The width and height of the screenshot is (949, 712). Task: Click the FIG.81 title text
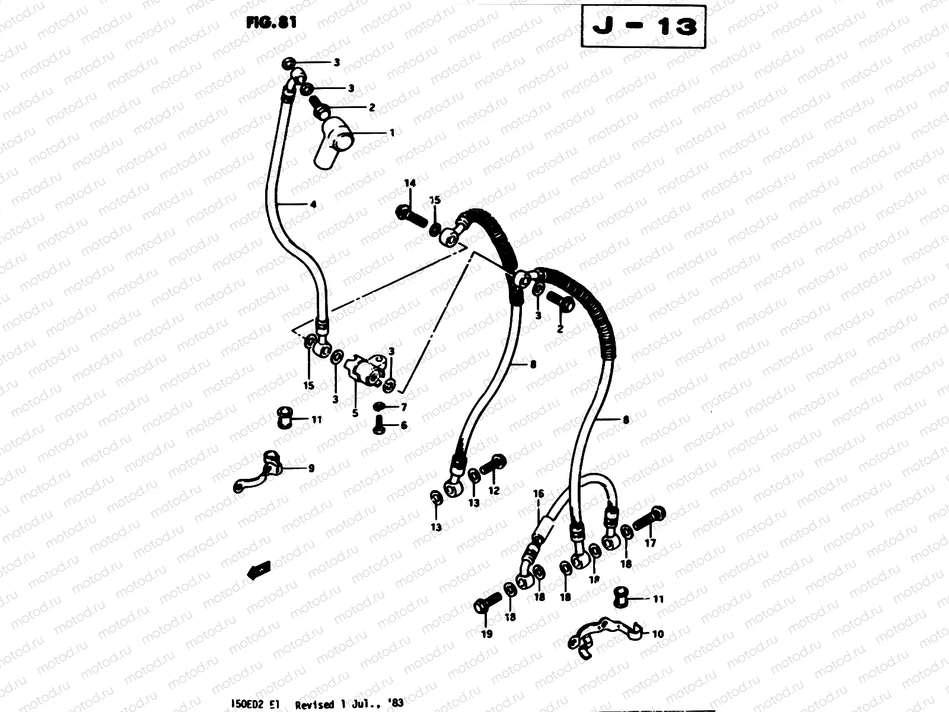[x=270, y=23]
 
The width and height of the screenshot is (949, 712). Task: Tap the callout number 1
[x=391, y=133]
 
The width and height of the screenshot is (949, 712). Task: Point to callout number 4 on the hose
[x=313, y=205]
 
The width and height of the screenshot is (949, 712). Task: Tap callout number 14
[x=409, y=183]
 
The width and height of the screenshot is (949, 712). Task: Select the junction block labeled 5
[x=367, y=370]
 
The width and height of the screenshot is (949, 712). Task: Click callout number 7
[x=404, y=407]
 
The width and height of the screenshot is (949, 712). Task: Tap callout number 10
[x=658, y=634]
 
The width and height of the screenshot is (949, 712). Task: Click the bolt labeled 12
[x=493, y=465]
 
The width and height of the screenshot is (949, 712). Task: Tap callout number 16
[x=538, y=494]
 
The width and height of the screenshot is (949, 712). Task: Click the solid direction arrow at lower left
[x=259, y=570]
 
